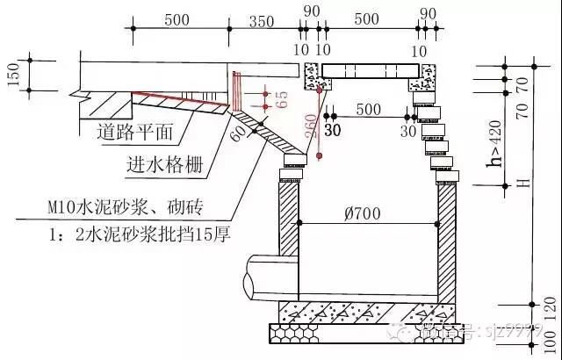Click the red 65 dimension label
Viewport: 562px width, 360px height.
click(x=282, y=98)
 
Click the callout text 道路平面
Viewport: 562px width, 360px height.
click(x=133, y=134)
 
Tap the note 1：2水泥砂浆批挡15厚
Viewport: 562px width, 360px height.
click(x=133, y=234)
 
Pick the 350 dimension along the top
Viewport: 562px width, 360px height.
click(x=262, y=20)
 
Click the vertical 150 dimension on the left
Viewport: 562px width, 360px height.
click(x=12, y=76)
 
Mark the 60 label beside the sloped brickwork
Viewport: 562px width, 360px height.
click(x=236, y=134)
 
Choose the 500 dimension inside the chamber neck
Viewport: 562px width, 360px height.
click(x=369, y=108)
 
